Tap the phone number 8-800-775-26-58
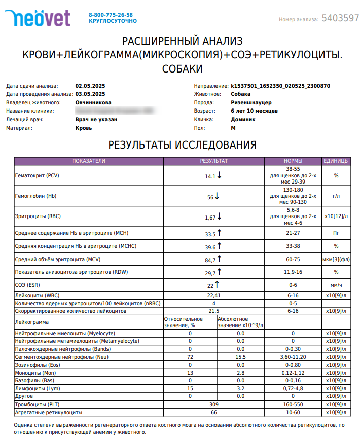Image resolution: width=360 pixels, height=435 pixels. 111,15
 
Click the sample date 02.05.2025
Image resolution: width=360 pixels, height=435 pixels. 90,86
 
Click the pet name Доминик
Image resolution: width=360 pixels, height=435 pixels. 243,120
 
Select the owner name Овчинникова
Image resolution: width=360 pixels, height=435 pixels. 97,102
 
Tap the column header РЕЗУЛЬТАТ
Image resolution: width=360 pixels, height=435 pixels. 213,161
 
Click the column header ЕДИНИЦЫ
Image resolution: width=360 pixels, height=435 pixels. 336,161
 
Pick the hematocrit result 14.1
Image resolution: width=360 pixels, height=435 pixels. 210,177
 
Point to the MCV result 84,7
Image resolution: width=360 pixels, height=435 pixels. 210,260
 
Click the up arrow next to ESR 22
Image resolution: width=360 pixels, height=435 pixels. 217,285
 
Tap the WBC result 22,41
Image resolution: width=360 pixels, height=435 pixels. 213,295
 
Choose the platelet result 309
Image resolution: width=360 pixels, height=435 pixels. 213,405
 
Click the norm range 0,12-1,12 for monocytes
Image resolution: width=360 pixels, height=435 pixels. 293,373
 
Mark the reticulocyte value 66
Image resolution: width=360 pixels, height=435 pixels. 213,413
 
